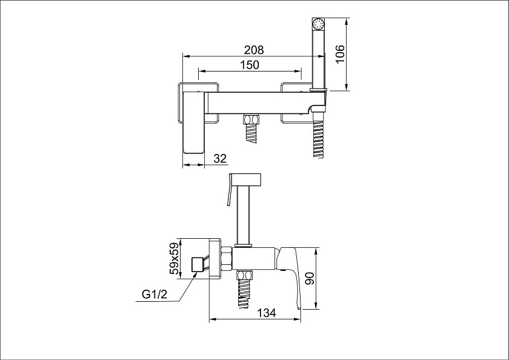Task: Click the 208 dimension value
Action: (254, 50)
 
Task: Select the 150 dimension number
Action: (250, 65)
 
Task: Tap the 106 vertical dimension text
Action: (339, 54)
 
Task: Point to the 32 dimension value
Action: (220, 158)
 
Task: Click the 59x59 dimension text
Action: (175, 259)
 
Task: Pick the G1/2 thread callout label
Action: (155, 295)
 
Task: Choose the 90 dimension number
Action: (310, 279)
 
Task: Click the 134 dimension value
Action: (267, 313)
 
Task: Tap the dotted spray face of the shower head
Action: (318, 24)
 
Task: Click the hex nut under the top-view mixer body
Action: (251, 119)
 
